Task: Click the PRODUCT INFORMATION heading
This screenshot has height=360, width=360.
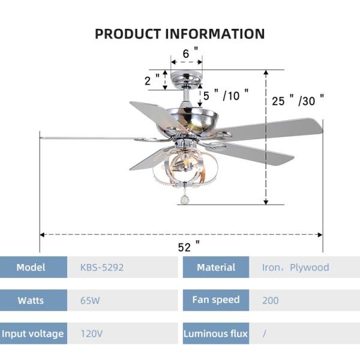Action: [x=180, y=34]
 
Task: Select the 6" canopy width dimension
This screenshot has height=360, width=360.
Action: [x=186, y=53]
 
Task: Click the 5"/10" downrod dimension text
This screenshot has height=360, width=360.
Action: [x=225, y=95]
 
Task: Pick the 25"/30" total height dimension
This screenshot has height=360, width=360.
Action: [x=298, y=100]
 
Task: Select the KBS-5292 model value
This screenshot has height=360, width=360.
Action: [x=102, y=267]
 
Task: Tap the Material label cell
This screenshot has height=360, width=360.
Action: [x=216, y=267]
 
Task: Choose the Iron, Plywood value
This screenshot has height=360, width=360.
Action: [x=295, y=267]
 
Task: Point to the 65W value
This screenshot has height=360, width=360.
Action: [x=90, y=300]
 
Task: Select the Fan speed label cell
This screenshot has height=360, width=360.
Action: [x=216, y=299]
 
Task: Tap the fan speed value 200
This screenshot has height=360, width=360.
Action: [x=270, y=300]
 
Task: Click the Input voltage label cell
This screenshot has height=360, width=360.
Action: [x=32, y=333]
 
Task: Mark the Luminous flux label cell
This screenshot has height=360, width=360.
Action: [x=216, y=333]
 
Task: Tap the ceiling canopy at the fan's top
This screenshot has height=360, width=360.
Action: [x=186, y=78]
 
